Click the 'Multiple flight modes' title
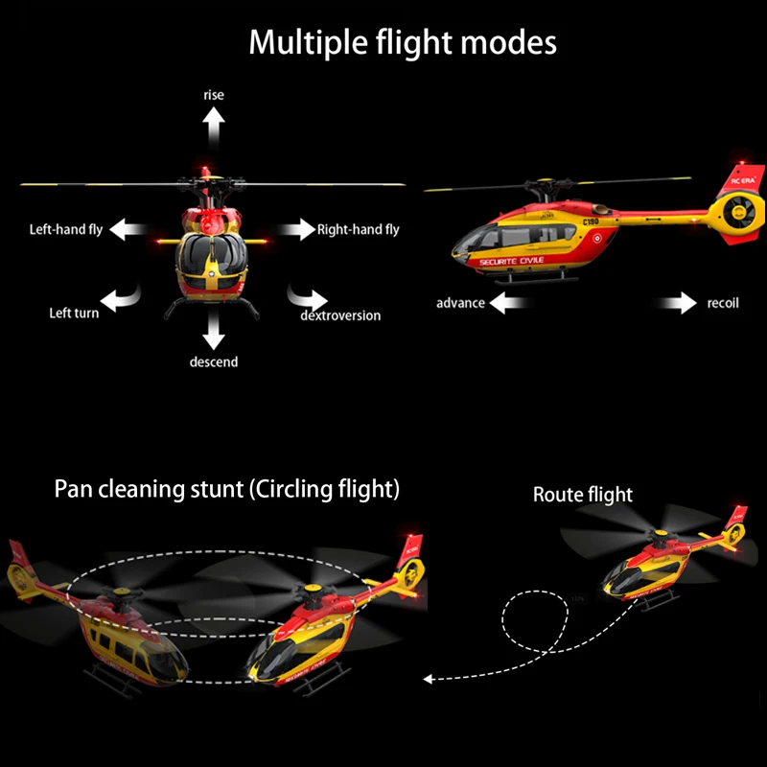(x=403, y=42)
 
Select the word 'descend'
(x=213, y=361)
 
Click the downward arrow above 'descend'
(x=213, y=331)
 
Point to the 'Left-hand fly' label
(x=66, y=229)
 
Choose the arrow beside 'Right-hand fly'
(x=296, y=229)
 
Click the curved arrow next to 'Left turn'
(x=122, y=299)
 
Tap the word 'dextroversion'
(x=340, y=315)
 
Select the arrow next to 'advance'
(x=509, y=304)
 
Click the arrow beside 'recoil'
(x=678, y=304)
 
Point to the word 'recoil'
(x=723, y=304)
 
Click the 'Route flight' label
(x=583, y=495)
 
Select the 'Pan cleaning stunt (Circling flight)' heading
(x=226, y=489)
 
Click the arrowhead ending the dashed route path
(x=429, y=679)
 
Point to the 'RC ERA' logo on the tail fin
(x=743, y=179)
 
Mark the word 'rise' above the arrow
(x=213, y=95)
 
